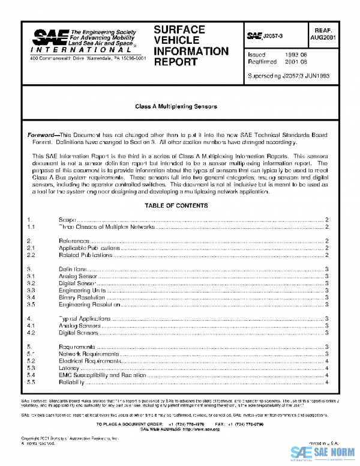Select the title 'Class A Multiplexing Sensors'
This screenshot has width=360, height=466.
tap(176, 106)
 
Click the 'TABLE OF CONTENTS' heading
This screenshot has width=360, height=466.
tap(176, 206)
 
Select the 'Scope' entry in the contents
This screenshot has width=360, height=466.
tap(67, 220)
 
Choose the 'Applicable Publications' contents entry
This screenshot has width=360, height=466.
tap(89, 247)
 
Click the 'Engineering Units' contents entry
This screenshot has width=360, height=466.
tap(83, 289)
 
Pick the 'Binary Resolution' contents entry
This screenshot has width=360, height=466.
tap(82, 297)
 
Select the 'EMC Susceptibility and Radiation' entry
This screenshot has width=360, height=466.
tap(102, 374)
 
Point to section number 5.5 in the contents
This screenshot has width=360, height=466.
tap(31, 382)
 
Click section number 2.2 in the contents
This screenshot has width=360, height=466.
tap(31, 255)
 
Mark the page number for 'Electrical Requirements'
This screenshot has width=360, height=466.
tap(325, 360)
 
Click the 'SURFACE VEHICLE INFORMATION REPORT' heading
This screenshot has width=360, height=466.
tap(191, 45)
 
